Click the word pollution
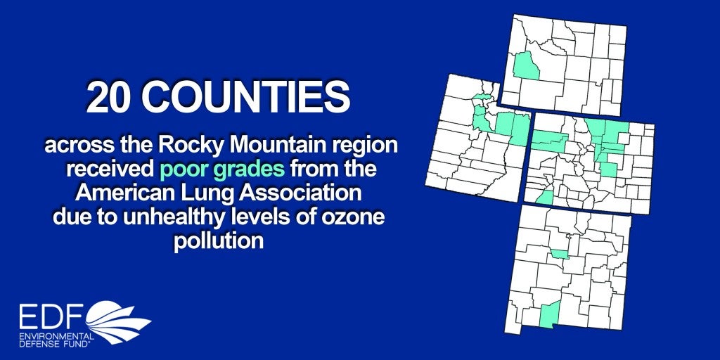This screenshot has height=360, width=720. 219,241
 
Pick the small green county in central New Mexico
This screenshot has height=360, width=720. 560,255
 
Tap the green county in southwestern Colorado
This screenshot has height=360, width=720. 545,198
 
